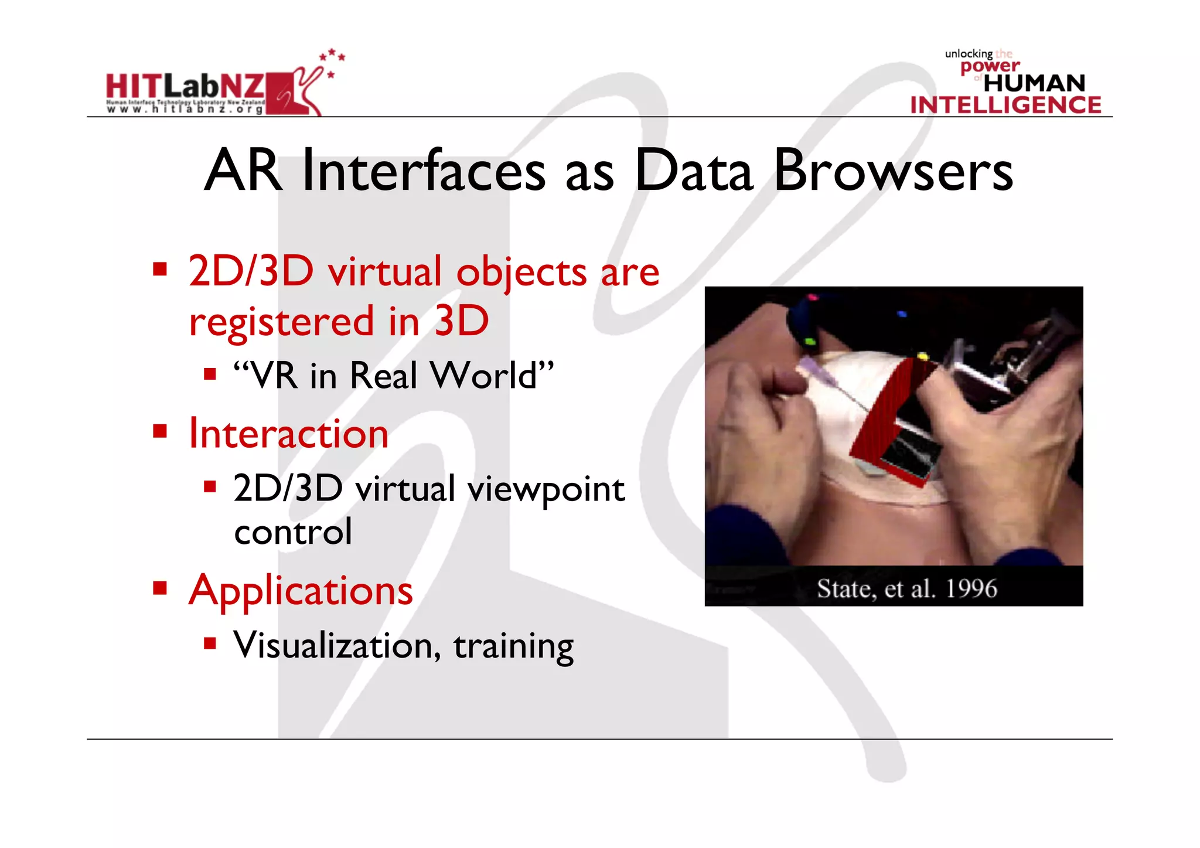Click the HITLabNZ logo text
[185, 87]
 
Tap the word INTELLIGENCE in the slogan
[1005, 105]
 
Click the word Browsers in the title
[893, 171]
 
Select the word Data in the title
[693, 171]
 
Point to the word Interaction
[288, 434]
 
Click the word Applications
[301, 591]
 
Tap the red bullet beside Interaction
[160, 432]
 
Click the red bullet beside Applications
[160, 588]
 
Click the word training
[513, 646]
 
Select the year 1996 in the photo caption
[971, 588]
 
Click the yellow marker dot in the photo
[922, 356]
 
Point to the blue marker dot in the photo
[902, 314]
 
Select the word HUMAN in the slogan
[1034, 83]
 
